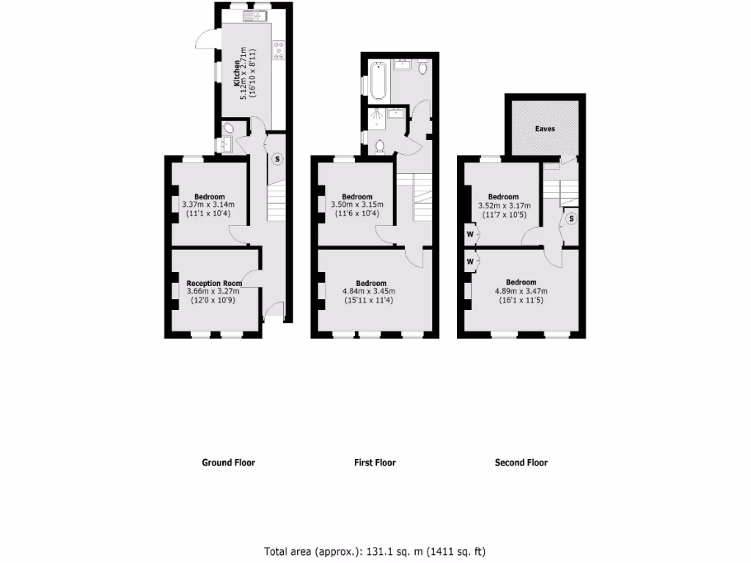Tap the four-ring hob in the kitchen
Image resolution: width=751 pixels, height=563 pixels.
pyautogui.click(x=279, y=49)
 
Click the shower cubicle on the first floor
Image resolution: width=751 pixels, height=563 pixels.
pyautogui.click(x=376, y=118)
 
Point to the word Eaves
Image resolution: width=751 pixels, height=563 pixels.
pyautogui.click(x=544, y=128)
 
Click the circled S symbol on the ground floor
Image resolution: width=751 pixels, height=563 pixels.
pyautogui.click(x=277, y=158)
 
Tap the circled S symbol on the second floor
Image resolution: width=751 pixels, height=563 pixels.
pyautogui.click(x=571, y=218)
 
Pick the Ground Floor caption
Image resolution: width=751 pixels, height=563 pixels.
pyautogui.click(x=228, y=463)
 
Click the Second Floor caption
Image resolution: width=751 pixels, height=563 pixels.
pyautogui.click(x=521, y=463)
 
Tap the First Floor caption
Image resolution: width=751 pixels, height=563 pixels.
pyautogui.click(x=375, y=463)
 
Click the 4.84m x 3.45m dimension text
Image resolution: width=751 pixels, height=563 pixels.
pyautogui.click(x=371, y=291)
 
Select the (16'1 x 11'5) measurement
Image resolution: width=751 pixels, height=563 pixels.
pyautogui.click(x=521, y=299)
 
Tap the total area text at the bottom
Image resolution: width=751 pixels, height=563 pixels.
pyautogui.click(x=375, y=551)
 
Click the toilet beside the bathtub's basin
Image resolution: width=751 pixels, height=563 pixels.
pyautogui.click(x=423, y=67)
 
